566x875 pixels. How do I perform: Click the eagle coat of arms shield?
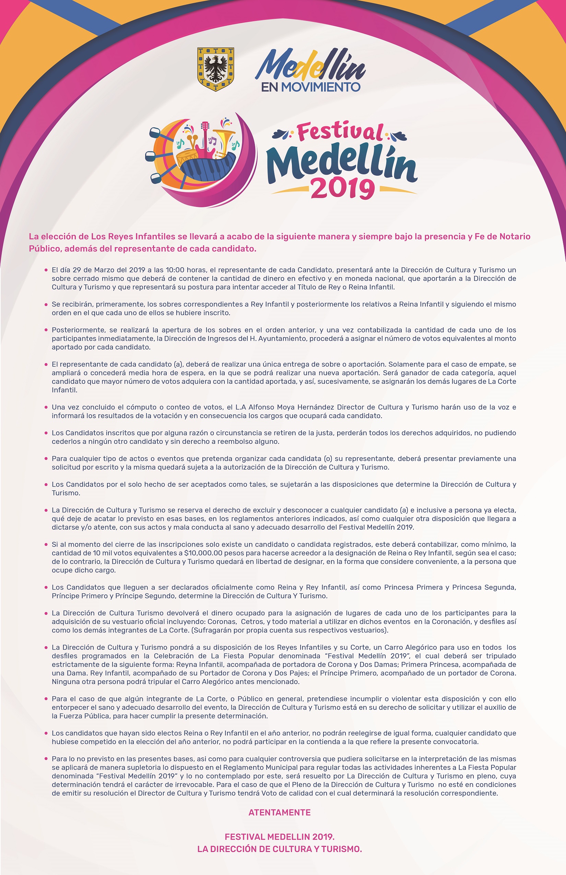pyautogui.click(x=216, y=69)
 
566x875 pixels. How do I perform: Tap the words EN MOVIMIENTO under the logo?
pyautogui.click(x=310, y=87)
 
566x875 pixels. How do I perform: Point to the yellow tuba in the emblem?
pyautogui.click(x=223, y=141)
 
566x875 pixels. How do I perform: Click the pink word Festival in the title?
pyautogui.click(x=340, y=132)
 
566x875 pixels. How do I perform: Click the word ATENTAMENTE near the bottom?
pyautogui.click(x=279, y=813)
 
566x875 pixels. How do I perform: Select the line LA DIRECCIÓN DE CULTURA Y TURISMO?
pyautogui.click(x=279, y=849)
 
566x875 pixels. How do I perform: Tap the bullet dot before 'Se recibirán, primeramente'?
pyautogui.click(x=46, y=304)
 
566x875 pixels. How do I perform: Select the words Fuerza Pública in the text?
pyautogui.click(x=82, y=716)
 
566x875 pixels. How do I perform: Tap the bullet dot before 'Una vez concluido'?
pyautogui.click(x=46, y=407)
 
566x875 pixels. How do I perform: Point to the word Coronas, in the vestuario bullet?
pyautogui.click(x=222, y=622)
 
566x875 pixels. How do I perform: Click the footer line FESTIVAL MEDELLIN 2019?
pyautogui.click(x=279, y=837)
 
